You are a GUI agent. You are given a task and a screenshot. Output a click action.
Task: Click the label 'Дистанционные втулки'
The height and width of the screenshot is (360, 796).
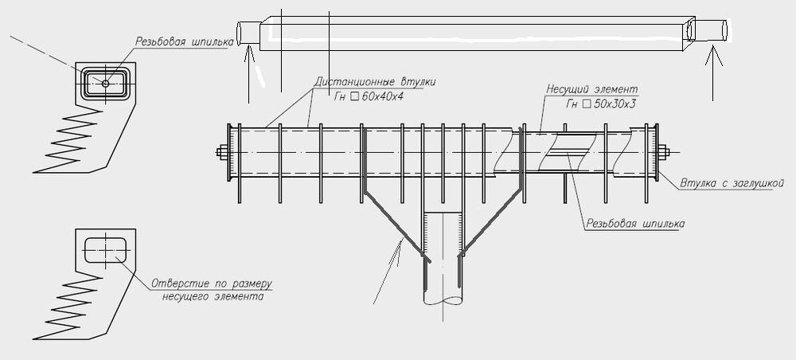click(374, 82)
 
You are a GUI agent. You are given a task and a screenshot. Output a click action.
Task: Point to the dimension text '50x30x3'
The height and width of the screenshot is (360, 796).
click(613, 104)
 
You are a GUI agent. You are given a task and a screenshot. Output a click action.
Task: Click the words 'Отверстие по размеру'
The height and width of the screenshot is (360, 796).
click(215, 284)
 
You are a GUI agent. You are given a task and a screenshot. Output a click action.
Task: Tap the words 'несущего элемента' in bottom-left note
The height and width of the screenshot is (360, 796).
click(213, 296)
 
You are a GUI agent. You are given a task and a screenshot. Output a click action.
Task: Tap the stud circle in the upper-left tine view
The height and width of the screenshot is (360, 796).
click(105, 81)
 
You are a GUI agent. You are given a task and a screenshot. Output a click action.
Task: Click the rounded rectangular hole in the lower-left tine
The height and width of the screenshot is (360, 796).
click(104, 246)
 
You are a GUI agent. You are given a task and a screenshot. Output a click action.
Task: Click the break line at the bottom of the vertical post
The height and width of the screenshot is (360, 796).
click(444, 301)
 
